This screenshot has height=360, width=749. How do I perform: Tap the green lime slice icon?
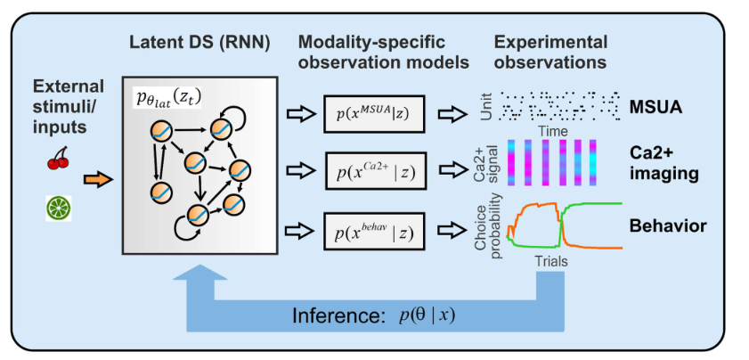(58, 208)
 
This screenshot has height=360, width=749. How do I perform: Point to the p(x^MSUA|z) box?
(373, 114)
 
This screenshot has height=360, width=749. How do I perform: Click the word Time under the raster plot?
(550, 130)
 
